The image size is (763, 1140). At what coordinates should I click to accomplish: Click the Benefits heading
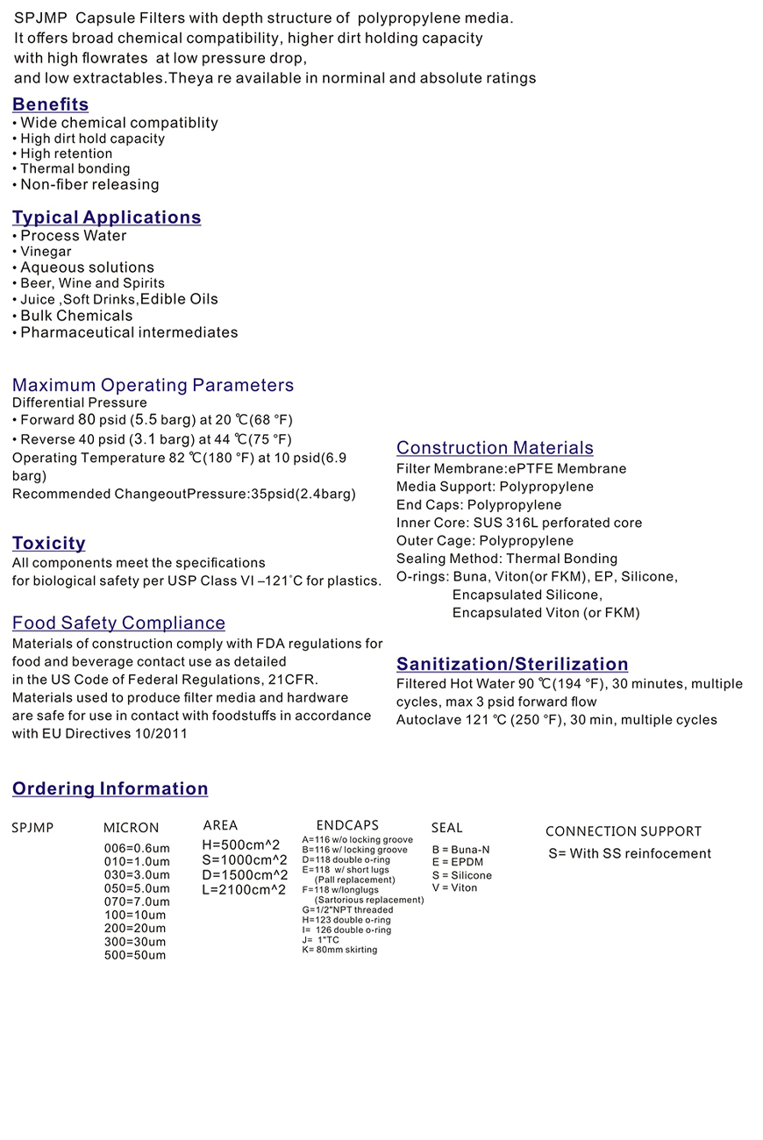[51, 104]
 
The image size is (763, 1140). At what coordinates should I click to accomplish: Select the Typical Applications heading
[107, 217]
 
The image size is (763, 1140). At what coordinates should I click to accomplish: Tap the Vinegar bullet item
[46, 252]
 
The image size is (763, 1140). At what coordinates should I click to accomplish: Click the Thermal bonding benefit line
[75, 168]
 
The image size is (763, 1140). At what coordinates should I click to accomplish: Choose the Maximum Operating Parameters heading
[153, 385]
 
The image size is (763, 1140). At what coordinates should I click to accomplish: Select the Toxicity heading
[49, 543]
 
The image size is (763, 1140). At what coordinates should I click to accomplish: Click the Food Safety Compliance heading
[119, 623]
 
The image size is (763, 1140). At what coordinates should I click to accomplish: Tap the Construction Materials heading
[495, 448]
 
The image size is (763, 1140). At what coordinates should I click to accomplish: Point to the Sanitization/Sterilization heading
[512, 664]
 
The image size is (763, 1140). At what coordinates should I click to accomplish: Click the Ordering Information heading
[111, 788]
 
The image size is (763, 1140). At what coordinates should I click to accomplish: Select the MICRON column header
[132, 828]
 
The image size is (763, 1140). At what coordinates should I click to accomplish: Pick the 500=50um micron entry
[134, 955]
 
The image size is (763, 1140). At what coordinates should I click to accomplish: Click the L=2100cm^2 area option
[244, 890]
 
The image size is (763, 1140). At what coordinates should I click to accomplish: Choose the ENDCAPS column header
[347, 825]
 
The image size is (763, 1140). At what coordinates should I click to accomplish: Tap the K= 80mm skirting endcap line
[339, 950]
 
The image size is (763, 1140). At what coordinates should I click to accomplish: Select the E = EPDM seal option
[457, 862]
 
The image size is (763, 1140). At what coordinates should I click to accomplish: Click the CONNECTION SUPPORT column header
[624, 831]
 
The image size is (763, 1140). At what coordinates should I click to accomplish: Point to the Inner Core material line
[519, 523]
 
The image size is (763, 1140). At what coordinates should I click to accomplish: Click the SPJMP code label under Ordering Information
[32, 827]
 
